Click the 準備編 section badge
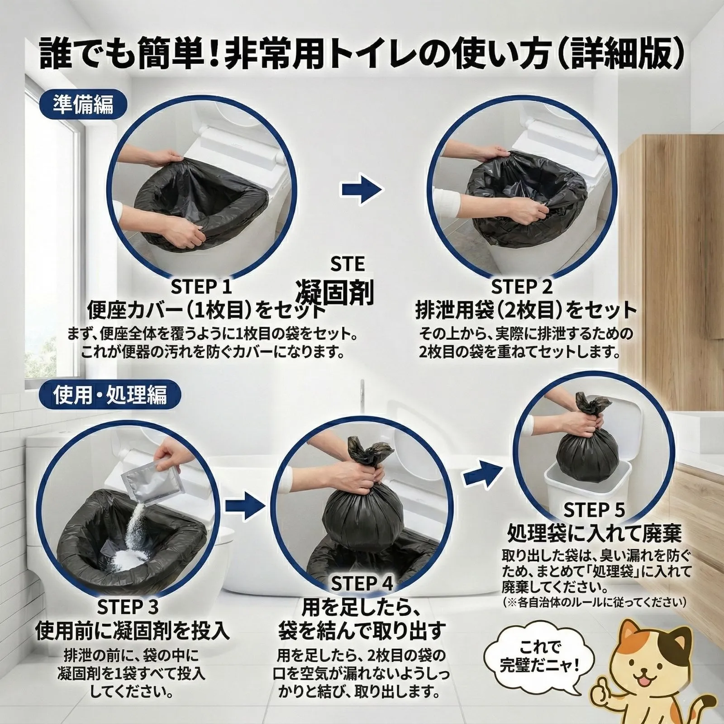(83, 105)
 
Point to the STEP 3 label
(128, 606)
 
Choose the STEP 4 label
(362, 583)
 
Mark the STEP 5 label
(594, 510)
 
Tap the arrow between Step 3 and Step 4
(245, 507)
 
